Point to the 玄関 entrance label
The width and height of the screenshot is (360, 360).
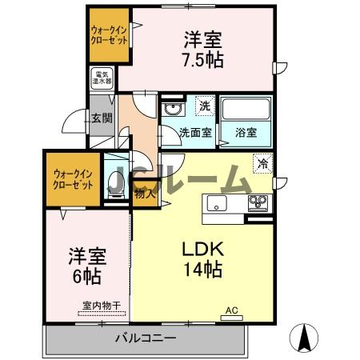pos(101,119)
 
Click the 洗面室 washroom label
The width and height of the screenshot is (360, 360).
pos(195,134)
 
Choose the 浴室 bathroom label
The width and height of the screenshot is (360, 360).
pos(245,134)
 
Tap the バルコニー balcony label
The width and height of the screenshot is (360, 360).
pos(145,338)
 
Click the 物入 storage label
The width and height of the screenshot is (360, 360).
pos(144,194)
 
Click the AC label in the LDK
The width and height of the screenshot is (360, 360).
pos(232,310)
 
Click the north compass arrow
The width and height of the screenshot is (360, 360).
pos(305,338)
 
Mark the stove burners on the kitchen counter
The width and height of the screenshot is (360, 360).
pos(258,201)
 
